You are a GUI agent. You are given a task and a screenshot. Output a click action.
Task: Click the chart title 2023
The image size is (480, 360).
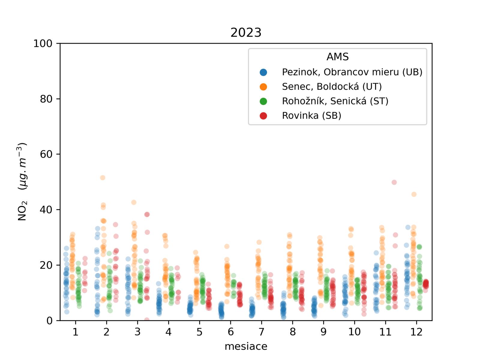(x=246, y=32)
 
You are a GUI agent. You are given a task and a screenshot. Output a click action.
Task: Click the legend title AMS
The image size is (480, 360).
(x=337, y=57)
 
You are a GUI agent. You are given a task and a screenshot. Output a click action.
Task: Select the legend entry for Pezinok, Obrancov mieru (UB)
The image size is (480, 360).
(x=352, y=72)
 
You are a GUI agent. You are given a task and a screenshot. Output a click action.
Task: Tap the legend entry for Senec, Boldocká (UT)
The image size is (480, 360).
(x=331, y=87)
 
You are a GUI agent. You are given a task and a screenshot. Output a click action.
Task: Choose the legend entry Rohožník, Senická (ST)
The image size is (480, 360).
(x=335, y=101)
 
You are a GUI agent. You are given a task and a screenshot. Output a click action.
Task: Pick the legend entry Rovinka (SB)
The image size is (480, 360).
(x=311, y=115)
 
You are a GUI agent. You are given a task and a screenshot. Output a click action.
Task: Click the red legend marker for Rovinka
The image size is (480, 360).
(x=263, y=116)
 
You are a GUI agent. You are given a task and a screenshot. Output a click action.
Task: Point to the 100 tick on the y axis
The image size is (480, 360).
(x=43, y=43)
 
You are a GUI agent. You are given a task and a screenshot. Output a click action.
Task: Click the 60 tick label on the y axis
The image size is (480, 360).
(x=46, y=154)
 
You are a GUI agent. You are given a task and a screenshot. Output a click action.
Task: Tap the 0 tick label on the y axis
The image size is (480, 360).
(x=49, y=321)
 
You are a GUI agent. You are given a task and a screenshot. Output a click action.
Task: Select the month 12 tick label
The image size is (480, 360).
(x=416, y=332)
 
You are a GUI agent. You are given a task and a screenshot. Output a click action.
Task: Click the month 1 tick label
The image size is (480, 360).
(x=75, y=332)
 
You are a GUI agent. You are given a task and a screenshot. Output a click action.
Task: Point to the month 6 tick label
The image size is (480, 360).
(x=230, y=332)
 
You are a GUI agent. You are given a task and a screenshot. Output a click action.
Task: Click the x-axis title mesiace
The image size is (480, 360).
(x=246, y=346)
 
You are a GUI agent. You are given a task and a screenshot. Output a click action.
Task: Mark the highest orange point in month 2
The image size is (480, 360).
(x=103, y=178)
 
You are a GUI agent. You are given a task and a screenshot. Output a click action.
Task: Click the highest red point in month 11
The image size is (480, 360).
(x=394, y=182)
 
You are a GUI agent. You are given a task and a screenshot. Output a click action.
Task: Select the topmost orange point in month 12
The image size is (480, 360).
(x=414, y=194)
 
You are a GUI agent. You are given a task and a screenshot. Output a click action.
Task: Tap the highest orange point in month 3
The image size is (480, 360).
(x=134, y=202)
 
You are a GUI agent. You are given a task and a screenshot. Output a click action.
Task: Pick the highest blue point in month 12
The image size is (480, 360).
(x=408, y=227)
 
